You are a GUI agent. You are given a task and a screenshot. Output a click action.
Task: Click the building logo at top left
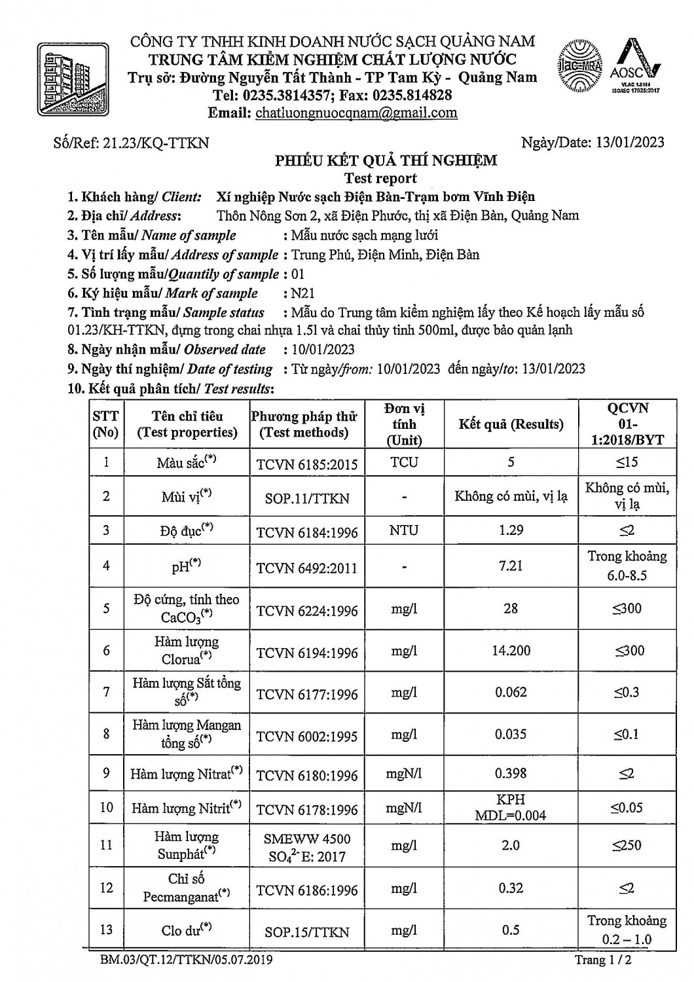coord(73,80)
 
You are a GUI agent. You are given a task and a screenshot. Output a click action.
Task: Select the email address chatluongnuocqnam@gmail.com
coord(356,113)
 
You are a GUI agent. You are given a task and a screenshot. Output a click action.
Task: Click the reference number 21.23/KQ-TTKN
coord(156,142)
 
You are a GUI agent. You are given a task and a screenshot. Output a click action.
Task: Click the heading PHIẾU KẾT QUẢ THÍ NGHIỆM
coord(386,160)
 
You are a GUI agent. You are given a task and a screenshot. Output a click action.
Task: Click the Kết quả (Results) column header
coord(511,424)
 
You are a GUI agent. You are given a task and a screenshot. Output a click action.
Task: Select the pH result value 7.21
coord(511,566)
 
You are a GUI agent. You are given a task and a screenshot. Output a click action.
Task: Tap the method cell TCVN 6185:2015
coord(307,464)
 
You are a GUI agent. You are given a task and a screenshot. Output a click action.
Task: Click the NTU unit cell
coord(404,530)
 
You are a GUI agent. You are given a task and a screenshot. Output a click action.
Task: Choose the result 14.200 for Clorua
coord(511,651)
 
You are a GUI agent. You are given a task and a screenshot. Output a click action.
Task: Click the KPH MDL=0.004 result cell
coord(511,807)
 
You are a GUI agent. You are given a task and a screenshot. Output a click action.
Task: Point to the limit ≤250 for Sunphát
coord(627,845)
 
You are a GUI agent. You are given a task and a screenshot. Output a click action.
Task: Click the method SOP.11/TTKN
coord(307,498)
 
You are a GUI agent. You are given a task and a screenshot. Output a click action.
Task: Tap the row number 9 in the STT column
coord(106,774)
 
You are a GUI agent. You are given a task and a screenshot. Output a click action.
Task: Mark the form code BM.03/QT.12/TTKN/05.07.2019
coord(187,960)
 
